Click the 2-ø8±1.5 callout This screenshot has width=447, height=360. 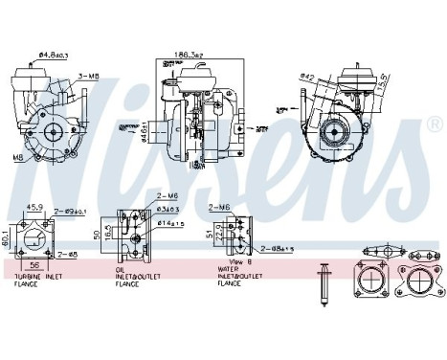pos(279,248)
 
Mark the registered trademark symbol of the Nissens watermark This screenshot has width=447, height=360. pos(437,125)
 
